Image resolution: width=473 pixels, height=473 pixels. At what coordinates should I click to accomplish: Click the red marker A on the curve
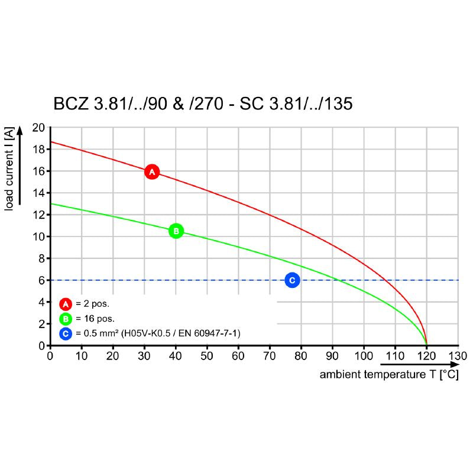click(x=152, y=172)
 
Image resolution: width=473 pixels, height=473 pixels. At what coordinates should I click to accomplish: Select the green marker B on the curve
click(x=176, y=231)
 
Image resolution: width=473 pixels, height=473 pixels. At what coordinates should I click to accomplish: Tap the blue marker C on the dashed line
click(x=291, y=280)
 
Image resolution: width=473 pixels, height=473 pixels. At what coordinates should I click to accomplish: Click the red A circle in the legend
click(x=66, y=304)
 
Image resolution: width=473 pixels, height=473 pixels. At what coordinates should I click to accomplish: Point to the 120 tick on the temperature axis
click(x=426, y=356)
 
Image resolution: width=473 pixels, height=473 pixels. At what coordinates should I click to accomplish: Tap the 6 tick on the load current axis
click(x=42, y=280)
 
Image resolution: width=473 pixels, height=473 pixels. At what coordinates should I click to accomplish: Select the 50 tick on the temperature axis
click(x=207, y=356)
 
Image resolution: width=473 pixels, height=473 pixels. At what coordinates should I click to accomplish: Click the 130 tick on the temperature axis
click(x=458, y=356)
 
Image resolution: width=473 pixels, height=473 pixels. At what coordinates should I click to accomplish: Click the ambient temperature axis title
click(x=389, y=375)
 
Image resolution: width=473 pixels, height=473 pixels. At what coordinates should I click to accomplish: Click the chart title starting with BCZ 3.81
click(x=203, y=104)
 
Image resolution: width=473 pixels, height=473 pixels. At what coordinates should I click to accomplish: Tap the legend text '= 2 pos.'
click(x=92, y=304)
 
